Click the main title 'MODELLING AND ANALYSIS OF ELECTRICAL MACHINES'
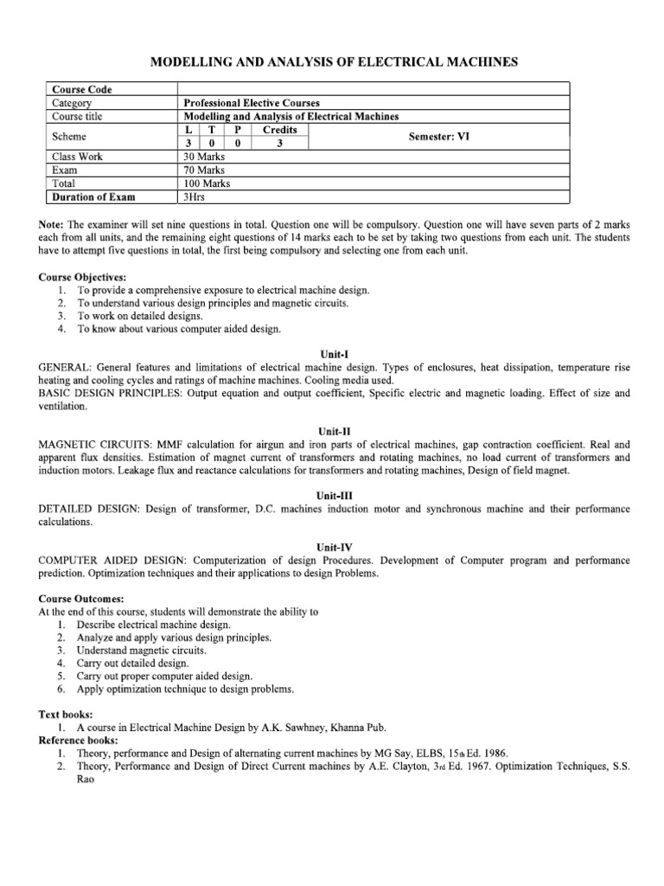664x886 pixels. pyautogui.click(x=335, y=62)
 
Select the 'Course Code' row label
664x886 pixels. pyautogui.click(x=82, y=89)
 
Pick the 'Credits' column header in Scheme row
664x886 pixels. pyautogui.click(x=279, y=130)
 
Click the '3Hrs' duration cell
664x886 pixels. pyautogui.click(x=195, y=197)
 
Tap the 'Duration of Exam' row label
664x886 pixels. pyautogui.click(x=94, y=197)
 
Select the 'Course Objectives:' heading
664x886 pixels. pyautogui.click(x=83, y=278)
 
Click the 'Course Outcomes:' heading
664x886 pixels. pyautogui.click(x=81, y=599)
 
